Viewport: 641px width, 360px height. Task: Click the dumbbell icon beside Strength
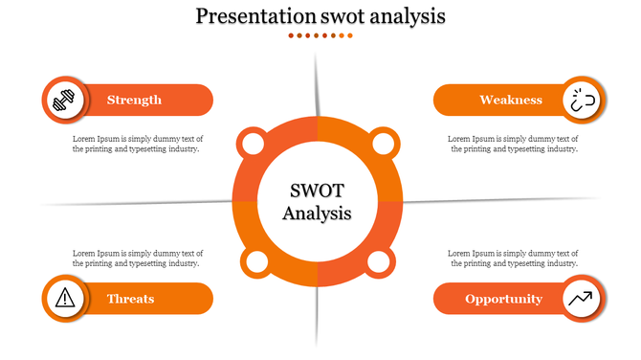[x=65, y=100]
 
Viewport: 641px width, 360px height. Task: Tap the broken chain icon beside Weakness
[x=582, y=100]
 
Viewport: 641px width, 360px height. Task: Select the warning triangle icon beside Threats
[x=65, y=298]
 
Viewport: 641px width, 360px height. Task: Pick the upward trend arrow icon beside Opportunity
[x=581, y=299]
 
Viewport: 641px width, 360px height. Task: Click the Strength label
[x=134, y=100]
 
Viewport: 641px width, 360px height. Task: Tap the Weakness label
[x=511, y=100]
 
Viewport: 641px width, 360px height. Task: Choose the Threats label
[x=131, y=299]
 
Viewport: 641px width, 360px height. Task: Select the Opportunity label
[x=503, y=299]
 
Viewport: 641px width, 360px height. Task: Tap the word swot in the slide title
[x=350, y=16]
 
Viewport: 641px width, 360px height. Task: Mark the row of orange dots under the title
[x=320, y=35]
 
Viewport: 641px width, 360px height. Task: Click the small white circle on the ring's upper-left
[x=253, y=145]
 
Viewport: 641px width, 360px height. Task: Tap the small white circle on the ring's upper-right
[x=382, y=145]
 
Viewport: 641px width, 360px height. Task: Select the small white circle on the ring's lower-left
[x=256, y=262]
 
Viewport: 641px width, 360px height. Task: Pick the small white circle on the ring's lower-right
[x=378, y=262]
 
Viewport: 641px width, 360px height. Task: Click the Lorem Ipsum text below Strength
[x=138, y=144]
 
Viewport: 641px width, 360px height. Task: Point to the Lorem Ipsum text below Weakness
[x=513, y=144]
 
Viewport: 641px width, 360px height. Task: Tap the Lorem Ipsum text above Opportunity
[x=513, y=258]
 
